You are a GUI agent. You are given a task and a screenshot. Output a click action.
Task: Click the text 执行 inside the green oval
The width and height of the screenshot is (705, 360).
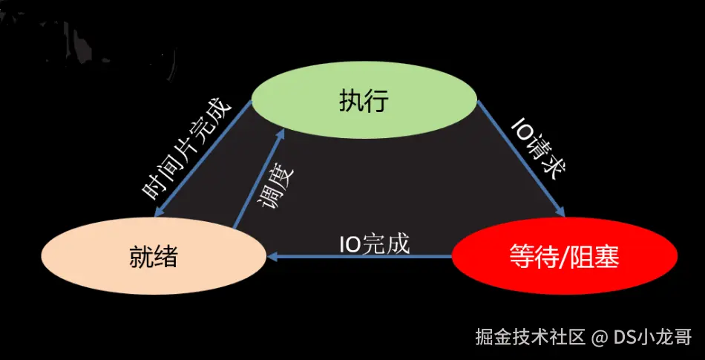[x=364, y=101]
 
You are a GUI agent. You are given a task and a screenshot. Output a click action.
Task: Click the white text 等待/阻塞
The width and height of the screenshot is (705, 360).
[x=564, y=258]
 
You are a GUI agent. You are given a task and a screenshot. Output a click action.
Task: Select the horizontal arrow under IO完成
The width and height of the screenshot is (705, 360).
[x=360, y=257]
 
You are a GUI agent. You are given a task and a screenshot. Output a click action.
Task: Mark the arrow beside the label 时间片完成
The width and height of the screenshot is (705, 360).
[x=204, y=160]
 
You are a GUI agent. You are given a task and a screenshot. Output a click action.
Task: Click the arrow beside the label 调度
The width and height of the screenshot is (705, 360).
[x=258, y=178]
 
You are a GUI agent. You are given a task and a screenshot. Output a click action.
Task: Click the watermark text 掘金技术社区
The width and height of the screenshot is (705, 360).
[x=531, y=337]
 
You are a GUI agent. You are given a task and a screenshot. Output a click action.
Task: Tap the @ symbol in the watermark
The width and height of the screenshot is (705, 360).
[x=600, y=338]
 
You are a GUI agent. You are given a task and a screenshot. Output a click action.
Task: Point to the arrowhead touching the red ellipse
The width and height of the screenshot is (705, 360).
[x=562, y=212]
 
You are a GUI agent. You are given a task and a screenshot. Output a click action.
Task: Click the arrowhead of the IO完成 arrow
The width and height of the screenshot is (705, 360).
[x=272, y=257]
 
